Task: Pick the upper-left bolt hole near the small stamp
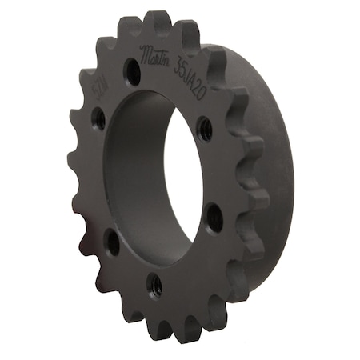(x=98, y=119)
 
